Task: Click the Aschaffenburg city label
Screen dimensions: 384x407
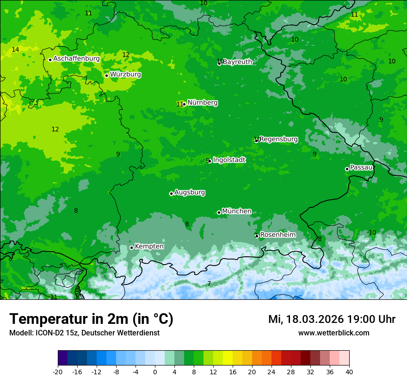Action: [76, 59]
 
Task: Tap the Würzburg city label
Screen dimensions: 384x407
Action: [125, 74]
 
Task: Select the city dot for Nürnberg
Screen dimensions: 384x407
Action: [184, 104]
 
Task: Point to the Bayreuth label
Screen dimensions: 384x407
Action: [237, 62]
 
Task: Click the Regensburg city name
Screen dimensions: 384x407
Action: [278, 139]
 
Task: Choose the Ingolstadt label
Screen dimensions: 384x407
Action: [229, 160]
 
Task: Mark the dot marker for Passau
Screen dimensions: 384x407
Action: [347, 169]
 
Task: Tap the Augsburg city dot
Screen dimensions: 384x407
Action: [171, 193]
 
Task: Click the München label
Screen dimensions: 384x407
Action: [237, 211]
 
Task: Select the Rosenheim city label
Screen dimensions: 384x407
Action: [277, 235]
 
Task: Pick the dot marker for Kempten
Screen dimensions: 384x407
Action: [131, 248]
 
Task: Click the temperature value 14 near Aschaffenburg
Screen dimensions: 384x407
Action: [15, 50]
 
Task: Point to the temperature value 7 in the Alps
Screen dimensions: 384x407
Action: [209, 284]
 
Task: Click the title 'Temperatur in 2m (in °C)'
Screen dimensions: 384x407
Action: [91, 319]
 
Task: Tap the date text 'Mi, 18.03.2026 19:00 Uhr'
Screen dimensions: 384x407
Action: [332, 319]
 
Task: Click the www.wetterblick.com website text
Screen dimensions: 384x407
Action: [333, 333]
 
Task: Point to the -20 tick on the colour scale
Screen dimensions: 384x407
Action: [57, 372]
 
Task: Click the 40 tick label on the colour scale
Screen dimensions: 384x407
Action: [349, 372]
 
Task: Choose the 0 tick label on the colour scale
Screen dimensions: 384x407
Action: [155, 372]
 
